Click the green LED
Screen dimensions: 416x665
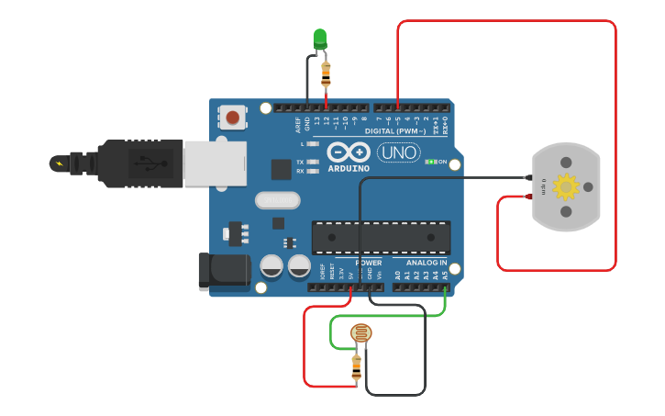(x=319, y=38)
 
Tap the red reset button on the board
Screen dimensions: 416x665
(x=233, y=118)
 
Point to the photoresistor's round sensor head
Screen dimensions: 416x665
(x=360, y=334)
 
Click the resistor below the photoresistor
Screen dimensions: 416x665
(x=357, y=367)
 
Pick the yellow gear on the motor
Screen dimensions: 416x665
(x=566, y=187)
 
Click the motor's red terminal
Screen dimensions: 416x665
(x=529, y=196)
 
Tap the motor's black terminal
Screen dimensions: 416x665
(x=529, y=177)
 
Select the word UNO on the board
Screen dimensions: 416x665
(x=398, y=152)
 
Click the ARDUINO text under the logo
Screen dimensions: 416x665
(x=349, y=169)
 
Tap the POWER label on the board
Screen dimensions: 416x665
(x=369, y=264)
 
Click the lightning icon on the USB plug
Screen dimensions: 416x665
(x=60, y=163)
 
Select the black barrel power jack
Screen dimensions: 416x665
(x=223, y=272)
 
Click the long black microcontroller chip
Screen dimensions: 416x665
(x=381, y=237)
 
